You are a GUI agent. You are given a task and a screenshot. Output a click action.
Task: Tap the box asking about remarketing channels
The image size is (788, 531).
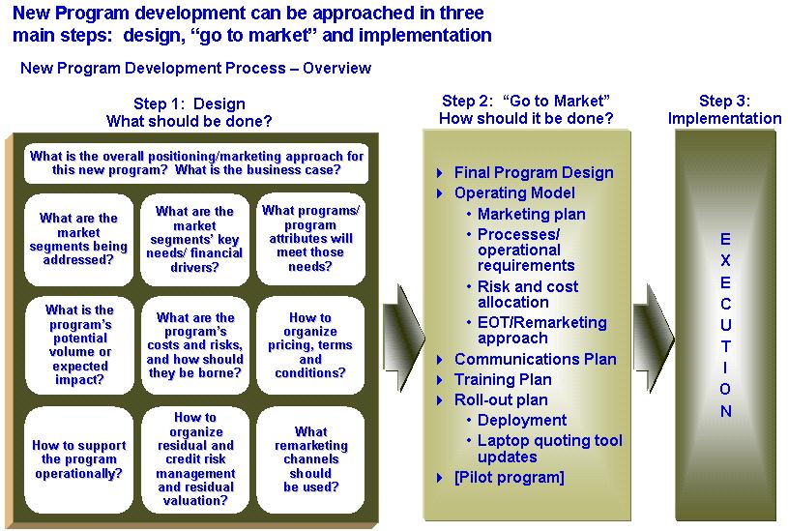coord(310,459)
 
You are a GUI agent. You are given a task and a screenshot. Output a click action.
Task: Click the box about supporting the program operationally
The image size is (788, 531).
coord(79,459)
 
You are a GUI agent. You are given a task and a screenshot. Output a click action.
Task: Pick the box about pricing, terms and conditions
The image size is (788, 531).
coord(310,345)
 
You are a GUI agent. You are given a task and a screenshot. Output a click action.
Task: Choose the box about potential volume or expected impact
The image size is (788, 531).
coord(80,345)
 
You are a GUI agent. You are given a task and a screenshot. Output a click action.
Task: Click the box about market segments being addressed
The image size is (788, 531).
coord(79,239)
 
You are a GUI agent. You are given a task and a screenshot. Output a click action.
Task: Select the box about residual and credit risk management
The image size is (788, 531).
coord(195,459)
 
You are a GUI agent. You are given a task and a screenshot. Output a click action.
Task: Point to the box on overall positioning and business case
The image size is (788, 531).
coord(196,163)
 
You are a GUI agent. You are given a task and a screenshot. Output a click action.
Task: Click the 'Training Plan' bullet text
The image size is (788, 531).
coord(503,380)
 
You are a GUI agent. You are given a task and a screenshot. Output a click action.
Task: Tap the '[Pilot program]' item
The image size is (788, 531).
coord(510,477)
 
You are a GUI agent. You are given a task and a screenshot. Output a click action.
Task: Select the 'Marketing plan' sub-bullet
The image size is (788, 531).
coord(531,214)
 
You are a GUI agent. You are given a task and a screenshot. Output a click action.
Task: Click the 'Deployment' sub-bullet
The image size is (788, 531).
coord(522,420)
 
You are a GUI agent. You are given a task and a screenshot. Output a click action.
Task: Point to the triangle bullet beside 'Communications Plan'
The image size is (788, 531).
coord(440,360)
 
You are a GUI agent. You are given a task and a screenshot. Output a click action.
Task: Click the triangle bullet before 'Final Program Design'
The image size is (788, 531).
coord(440,173)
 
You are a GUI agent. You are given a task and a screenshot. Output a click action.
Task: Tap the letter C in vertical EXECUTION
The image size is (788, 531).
coord(725,304)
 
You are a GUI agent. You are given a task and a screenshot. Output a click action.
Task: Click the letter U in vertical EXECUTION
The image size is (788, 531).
coord(725,325)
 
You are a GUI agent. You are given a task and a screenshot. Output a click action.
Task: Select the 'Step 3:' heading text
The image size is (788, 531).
coord(725,101)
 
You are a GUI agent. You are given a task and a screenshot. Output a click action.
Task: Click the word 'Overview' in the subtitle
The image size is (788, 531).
coord(336,68)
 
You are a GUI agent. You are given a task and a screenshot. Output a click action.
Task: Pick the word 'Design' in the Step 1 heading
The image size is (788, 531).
coord(219,104)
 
